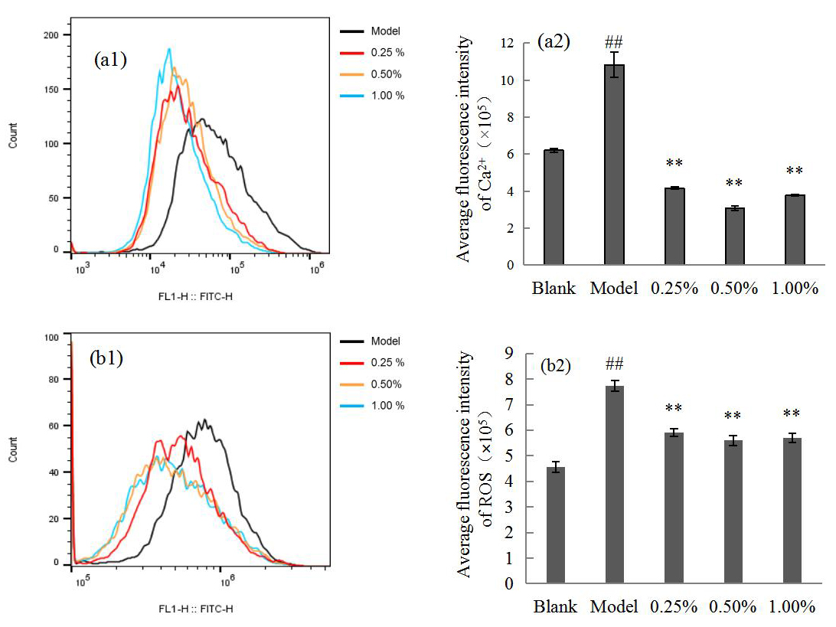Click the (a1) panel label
coord(109,60)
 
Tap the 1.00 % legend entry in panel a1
coord(387,96)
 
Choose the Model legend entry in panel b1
coord(386,341)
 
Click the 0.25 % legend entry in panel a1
coord(387,53)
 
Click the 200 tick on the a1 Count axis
coord(51,35)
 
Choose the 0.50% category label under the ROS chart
coord(733,607)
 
